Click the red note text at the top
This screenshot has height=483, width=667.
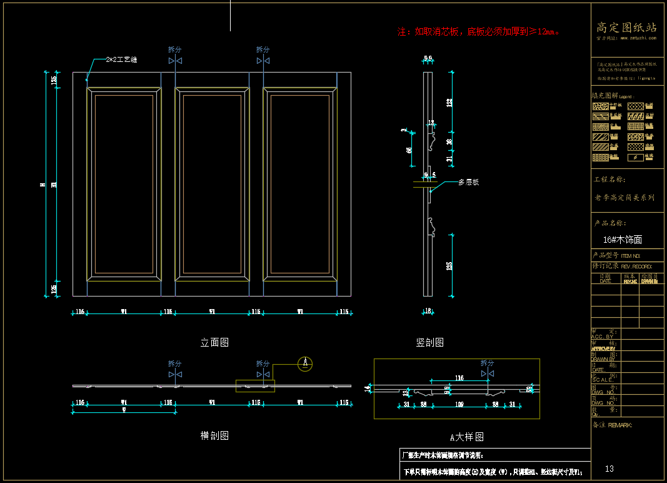click(x=478, y=31)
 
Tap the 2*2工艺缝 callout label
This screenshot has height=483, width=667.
click(x=121, y=59)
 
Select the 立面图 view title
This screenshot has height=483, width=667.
click(x=214, y=342)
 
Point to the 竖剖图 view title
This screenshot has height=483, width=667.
click(x=430, y=342)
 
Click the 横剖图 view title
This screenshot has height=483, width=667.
click(x=214, y=435)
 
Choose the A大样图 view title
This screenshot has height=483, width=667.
click(x=467, y=437)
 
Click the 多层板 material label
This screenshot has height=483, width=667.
click(x=468, y=182)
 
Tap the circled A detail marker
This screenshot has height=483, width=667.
click(x=305, y=363)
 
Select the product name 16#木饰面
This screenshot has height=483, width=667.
click(x=623, y=240)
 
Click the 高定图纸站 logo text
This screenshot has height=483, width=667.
click(x=626, y=28)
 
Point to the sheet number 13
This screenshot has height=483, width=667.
click(x=609, y=469)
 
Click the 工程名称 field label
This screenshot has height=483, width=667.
click(x=609, y=180)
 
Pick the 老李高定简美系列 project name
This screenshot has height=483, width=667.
click(x=624, y=198)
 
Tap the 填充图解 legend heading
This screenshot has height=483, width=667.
click(x=613, y=96)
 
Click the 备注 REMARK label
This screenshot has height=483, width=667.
click(x=612, y=425)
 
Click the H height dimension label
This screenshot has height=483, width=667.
click(x=43, y=185)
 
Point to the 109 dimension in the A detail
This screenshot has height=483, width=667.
click(x=460, y=405)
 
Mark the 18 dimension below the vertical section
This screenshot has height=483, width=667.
click(x=428, y=311)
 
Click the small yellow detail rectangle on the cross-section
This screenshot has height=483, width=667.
click(x=255, y=386)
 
